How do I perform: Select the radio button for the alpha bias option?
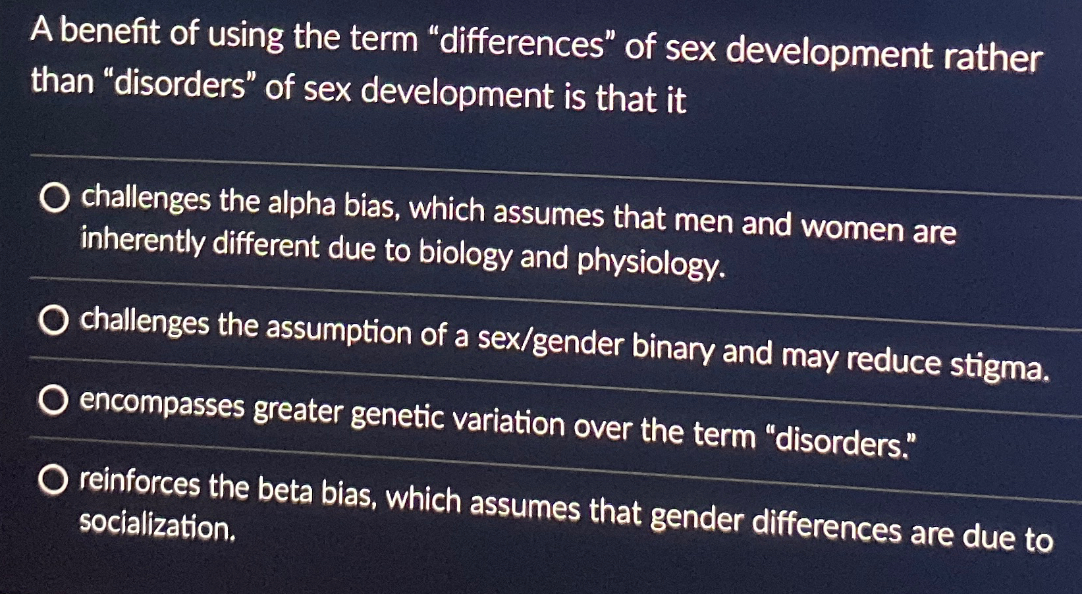[55, 198]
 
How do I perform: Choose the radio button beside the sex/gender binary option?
[53, 321]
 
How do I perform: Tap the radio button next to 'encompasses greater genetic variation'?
[53, 401]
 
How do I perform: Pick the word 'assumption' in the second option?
[338, 331]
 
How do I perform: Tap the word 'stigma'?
[999, 366]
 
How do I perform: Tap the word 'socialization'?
[157, 526]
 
